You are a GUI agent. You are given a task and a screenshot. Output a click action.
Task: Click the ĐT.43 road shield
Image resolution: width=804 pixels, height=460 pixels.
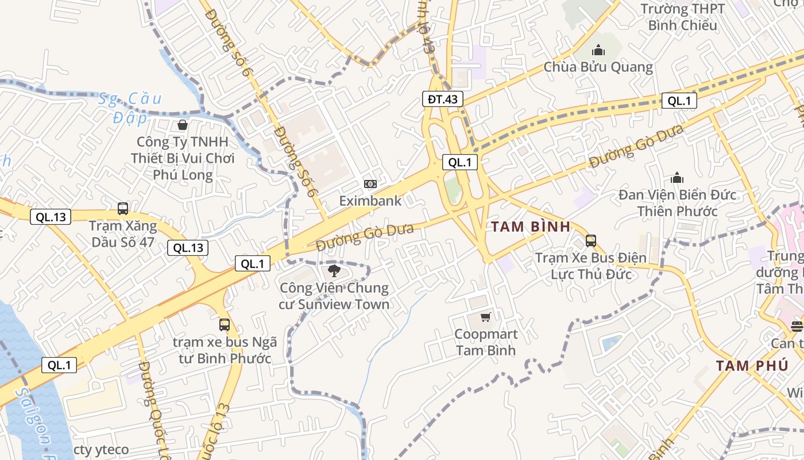point(442,99)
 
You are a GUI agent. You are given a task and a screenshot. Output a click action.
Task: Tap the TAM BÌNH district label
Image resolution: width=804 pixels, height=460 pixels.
point(531,227)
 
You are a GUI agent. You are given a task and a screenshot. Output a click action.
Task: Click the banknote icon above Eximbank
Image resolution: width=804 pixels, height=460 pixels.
point(370,184)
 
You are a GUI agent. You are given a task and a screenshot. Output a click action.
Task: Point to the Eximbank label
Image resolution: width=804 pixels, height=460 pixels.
point(370,201)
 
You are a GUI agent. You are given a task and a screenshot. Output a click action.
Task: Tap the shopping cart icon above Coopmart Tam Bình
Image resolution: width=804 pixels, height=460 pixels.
point(486,317)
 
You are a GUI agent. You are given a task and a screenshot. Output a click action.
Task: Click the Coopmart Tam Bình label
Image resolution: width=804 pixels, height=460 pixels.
point(486,342)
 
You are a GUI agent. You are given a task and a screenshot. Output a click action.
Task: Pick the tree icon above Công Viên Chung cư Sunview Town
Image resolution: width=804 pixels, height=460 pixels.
point(334,271)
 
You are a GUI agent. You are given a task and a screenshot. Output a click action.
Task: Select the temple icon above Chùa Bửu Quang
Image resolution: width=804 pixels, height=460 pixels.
point(598,50)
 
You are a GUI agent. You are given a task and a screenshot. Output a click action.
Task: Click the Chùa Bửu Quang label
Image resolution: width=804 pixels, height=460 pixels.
point(598,67)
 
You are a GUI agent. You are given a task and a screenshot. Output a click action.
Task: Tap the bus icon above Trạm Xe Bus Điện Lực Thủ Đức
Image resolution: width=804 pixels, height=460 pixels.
point(591,240)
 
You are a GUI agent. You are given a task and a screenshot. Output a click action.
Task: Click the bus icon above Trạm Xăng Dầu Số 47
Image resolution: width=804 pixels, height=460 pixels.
point(123,208)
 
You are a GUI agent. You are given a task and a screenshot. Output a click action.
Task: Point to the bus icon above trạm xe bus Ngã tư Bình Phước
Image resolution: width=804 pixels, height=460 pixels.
point(225,324)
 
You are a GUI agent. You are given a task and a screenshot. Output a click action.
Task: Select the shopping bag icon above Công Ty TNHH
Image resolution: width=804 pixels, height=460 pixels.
point(183,124)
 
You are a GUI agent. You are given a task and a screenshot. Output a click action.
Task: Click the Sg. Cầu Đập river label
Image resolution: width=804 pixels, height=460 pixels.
point(129,108)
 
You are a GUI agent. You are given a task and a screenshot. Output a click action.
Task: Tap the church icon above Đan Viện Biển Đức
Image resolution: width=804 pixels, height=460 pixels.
point(677,178)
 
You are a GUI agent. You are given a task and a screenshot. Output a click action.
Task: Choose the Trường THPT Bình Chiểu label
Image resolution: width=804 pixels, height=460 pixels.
point(683,17)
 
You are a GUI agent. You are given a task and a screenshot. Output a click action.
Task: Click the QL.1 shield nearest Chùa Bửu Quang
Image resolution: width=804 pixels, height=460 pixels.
point(679,101)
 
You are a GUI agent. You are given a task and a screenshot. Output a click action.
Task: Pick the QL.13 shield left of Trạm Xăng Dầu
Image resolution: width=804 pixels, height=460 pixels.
point(51,217)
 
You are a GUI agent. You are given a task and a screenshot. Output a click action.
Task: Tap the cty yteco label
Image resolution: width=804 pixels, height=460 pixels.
point(102,450)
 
